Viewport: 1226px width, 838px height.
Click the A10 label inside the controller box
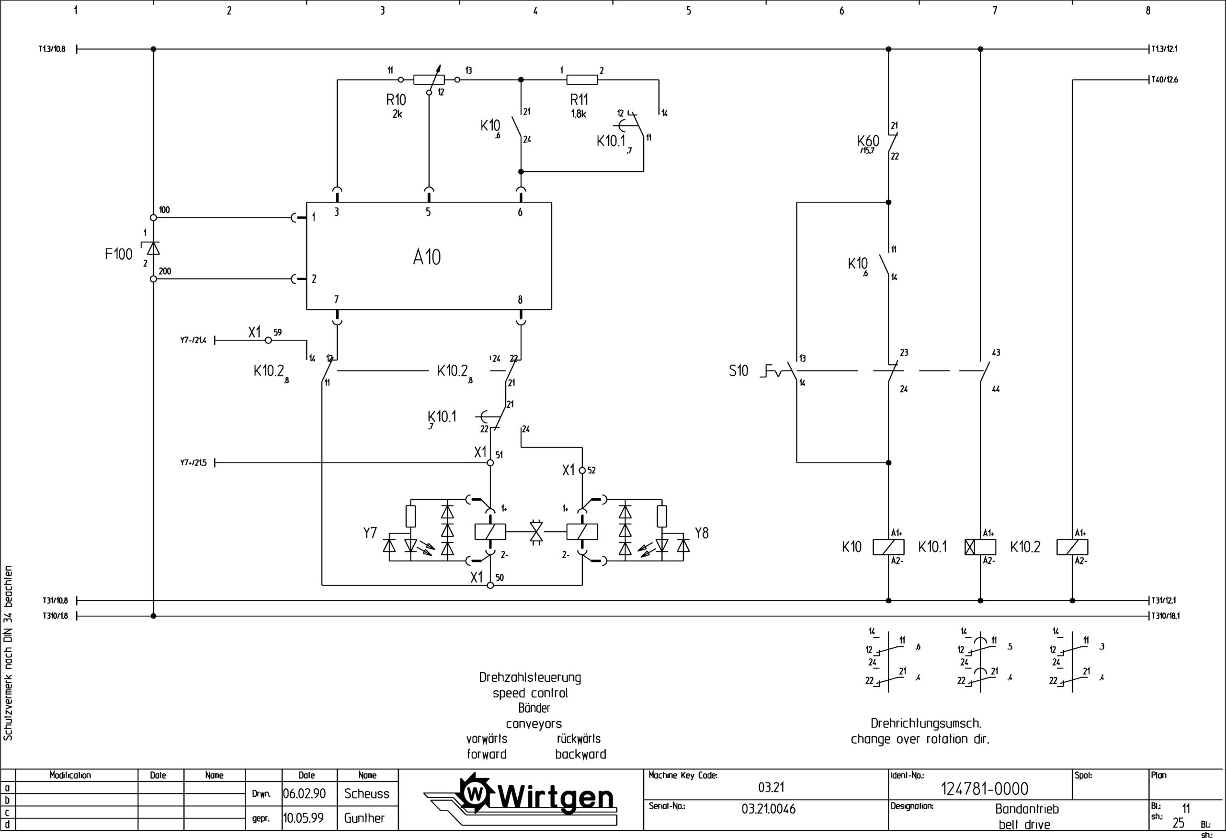coord(426,257)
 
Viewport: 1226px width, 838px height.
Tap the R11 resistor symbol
coord(582,80)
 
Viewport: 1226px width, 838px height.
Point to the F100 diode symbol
coord(153,248)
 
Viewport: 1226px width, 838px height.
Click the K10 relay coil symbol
coord(888,547)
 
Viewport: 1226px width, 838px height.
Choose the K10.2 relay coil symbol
coord(1072,547)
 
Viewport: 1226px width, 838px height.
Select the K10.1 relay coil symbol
coord(980,547)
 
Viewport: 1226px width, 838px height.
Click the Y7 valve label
coord(370,533)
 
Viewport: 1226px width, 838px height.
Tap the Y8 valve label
coord(701,533)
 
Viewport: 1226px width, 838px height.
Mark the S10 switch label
coord(738,371)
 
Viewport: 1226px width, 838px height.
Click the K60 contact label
coord(868,141)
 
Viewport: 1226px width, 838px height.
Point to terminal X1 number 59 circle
coord(268,340)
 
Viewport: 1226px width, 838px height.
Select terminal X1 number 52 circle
coord(582,470)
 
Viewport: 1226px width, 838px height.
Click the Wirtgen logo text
coord(556,797)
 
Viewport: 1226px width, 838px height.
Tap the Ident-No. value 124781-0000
coord(984,789)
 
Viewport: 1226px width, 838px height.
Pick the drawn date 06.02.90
coord(305,793)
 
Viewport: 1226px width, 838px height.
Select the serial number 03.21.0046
coord(768,809)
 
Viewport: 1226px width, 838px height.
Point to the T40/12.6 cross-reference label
coord(1165,80)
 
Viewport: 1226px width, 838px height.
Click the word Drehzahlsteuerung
coord(530,677)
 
